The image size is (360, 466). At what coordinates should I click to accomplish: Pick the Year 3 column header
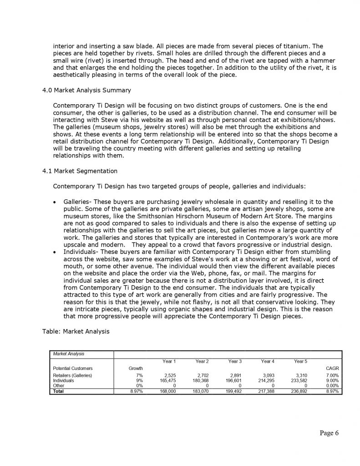point(235,361)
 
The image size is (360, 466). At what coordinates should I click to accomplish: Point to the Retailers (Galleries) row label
point(72,375)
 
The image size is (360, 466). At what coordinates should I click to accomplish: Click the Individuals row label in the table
point(63,380)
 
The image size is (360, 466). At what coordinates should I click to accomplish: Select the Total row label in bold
point(58,390)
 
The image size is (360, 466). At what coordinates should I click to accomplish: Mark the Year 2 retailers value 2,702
point(202,375)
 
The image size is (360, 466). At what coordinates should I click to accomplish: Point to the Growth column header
point(136,368)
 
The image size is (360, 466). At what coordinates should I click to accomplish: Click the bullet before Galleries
point(55,202)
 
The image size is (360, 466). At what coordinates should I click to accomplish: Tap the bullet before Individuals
point(55,251)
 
